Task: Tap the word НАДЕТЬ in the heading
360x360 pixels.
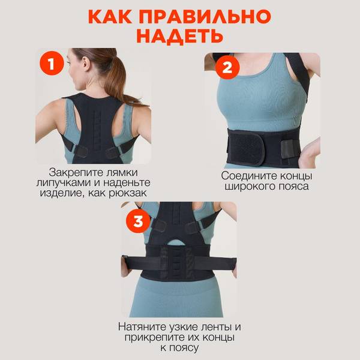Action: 180,36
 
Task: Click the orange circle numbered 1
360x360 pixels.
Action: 52,64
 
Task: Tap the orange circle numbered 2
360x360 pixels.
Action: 227,68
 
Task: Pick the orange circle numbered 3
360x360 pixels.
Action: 138,221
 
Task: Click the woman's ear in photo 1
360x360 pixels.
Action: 85,63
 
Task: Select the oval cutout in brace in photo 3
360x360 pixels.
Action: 176,242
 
